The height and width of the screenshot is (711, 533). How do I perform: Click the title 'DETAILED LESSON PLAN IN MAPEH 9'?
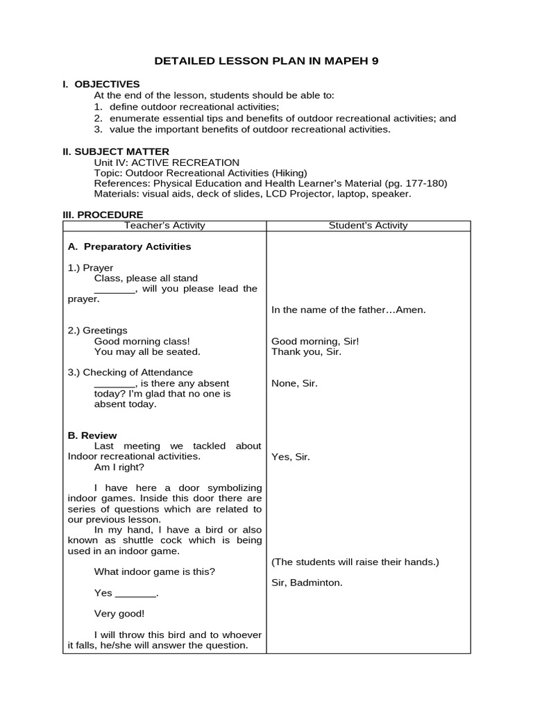point(266,61)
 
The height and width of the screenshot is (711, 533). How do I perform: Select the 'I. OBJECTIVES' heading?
point(101,84)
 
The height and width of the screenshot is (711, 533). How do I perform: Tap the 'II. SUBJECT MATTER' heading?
point(116,151)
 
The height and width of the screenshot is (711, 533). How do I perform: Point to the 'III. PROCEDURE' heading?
point(103,215)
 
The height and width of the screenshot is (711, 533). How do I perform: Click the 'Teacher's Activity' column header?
point(164,226)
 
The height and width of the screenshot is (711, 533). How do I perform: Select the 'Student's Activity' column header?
point(368,226)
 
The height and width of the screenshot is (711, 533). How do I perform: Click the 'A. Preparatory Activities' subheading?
point(129,246)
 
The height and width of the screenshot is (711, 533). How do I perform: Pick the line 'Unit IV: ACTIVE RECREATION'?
point(167,162)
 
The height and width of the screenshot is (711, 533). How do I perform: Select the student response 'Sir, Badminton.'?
point(307,583)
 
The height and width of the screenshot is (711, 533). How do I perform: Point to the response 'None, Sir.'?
point(294,383)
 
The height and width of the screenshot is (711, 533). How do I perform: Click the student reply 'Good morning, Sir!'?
point(315,341)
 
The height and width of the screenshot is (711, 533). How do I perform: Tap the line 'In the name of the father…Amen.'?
point(348,310)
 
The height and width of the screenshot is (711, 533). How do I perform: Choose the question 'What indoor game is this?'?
point(155,572)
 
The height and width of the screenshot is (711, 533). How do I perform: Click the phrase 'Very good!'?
point(119,614)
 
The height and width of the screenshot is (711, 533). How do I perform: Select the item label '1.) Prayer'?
point(90,267)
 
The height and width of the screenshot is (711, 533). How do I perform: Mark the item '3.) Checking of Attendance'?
point(130,373)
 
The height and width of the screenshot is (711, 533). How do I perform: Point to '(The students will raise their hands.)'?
point(355,562)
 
